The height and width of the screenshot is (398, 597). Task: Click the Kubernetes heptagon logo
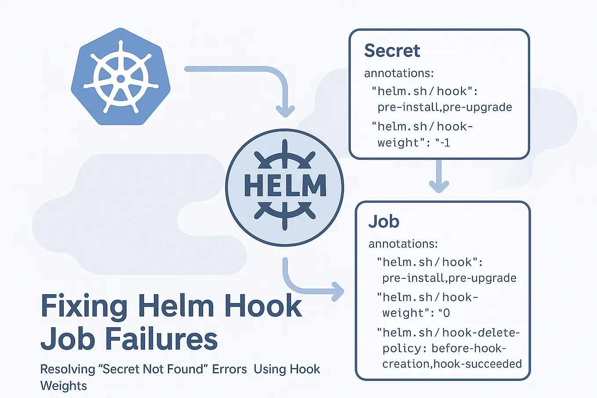(x=120, y=77)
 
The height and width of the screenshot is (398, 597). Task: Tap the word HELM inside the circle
(x=285, y=186)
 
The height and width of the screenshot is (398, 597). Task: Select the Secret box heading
(x=392, y=51)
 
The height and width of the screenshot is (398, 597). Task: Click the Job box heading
(x=383, y=222)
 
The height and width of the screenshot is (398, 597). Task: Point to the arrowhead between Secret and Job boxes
(x=439, y=186)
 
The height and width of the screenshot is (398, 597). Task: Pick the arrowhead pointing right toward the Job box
(x=338, y=292)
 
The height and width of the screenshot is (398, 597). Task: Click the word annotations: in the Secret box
(x=399, y=73)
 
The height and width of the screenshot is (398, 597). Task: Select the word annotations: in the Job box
(x=403, y=244)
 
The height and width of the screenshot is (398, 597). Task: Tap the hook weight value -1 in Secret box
(x=445, y=143)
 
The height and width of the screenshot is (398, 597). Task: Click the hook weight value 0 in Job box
(x=446, y=313)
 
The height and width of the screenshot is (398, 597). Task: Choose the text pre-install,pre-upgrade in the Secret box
(x=444, y=107)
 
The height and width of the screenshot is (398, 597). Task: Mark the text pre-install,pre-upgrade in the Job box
(x=449, y=278)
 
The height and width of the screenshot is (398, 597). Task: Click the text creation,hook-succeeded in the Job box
(x=452, y=364)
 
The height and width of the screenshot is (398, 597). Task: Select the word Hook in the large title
(x=263, y=305)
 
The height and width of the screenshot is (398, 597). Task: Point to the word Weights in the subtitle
(x=63, y=386)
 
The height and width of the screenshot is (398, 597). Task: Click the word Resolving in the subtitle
(x=67, y=370)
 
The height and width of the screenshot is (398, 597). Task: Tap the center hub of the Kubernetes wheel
(x=121, y=79)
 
